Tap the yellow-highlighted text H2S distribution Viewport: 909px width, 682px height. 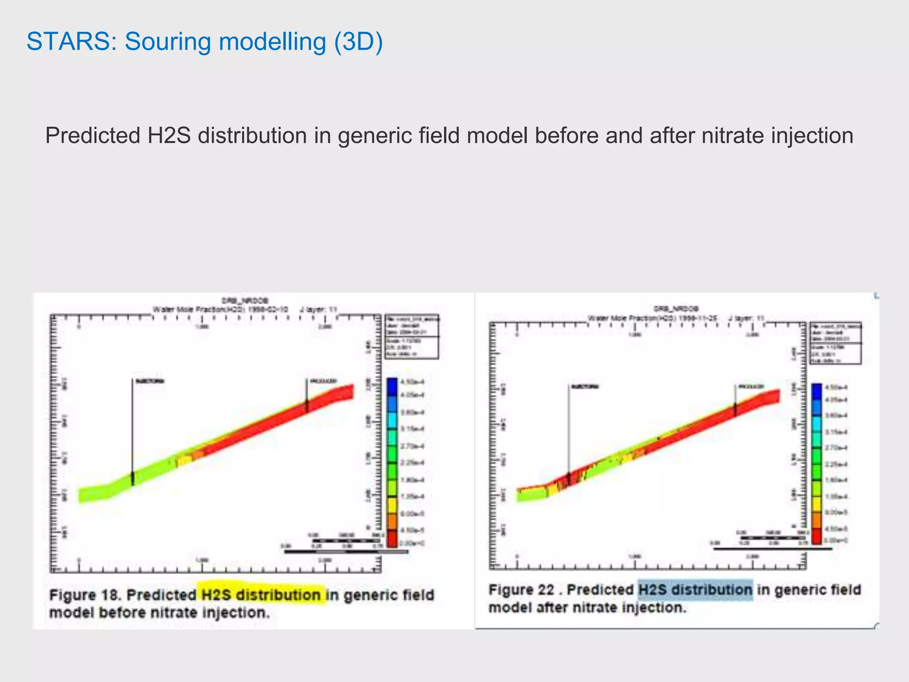[x=261, y=595]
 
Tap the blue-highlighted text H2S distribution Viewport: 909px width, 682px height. [x=695, y=590]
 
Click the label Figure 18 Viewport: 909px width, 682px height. [x=86, y=595]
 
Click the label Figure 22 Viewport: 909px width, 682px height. [x=521, y=590]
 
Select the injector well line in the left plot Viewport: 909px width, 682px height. [x=132, y=426]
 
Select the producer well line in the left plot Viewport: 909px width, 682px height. [x=306, y=391]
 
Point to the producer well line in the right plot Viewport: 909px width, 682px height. [x=735, y=395]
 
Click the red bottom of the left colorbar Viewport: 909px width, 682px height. [x=392, y=539]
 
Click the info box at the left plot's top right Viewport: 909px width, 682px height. [x=411, y=337]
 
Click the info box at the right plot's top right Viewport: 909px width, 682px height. [x=836, y=343]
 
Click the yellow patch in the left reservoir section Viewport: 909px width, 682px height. [x=184, y=460]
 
